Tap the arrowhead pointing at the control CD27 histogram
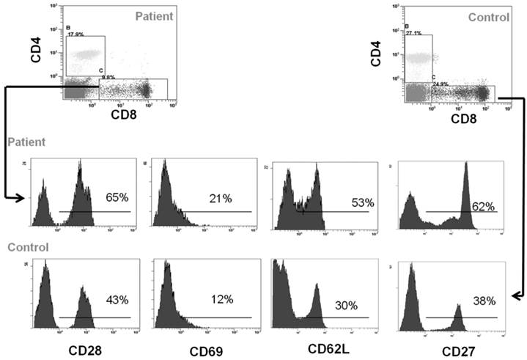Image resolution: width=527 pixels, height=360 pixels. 515,295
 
